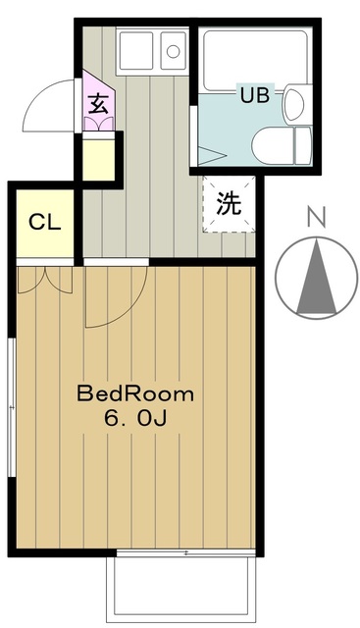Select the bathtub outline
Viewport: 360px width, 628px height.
pos(255,60)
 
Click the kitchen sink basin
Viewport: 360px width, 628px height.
pos(174,48)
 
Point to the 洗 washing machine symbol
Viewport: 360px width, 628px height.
pos(229,202)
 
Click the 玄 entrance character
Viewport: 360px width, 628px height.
pos(98,103)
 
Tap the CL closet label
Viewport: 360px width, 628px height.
pos(44,222)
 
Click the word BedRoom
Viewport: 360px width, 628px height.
pos(135,394)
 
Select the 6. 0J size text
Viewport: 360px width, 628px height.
pos(134,419)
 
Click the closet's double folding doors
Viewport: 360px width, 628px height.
pos(45,279)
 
